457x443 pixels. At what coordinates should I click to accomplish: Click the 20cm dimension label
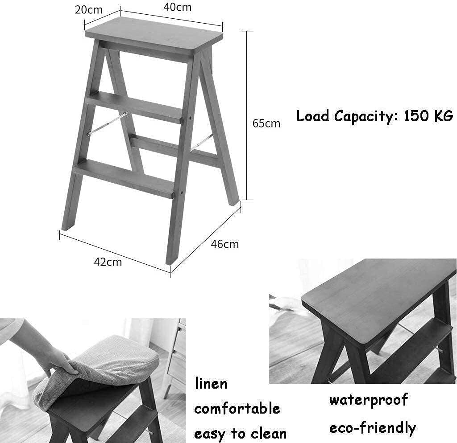88,10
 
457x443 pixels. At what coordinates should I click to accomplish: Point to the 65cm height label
266,123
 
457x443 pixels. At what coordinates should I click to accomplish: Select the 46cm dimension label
224,244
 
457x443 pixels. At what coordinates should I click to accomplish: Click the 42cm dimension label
108,262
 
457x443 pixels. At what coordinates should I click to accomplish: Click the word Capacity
366,117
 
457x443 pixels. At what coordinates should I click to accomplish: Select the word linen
211,384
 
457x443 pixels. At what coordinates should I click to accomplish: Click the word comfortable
237,409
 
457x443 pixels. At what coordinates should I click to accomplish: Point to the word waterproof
368,400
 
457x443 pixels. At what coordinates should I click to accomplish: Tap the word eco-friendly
372,428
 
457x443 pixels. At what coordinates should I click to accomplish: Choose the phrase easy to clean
240,433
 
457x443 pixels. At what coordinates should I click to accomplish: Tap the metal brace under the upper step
107,123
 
